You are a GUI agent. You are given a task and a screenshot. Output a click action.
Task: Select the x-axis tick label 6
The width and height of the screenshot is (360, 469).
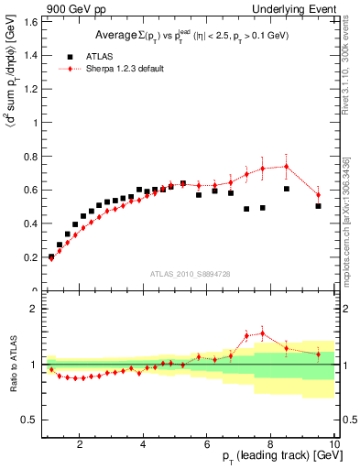click(207, 444)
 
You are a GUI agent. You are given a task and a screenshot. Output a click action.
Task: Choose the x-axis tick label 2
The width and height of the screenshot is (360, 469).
click(81, 444)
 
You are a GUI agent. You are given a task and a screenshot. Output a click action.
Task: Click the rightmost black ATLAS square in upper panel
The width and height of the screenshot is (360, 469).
click(318, 206)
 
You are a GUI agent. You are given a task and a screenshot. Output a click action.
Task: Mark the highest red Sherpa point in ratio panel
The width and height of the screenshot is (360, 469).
click(263, 333)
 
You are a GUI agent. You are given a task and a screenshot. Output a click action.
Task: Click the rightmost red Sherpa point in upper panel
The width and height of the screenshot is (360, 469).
click(318, 195)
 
